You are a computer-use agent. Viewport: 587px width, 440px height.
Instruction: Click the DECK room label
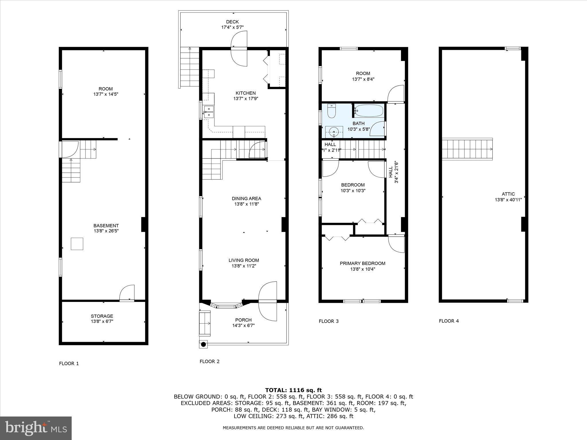(232, 22)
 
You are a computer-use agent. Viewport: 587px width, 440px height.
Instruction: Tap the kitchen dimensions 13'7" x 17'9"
(245, 99)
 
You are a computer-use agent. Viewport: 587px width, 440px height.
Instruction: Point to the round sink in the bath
(334, 133)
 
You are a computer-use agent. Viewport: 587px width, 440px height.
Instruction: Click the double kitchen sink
(208, 112)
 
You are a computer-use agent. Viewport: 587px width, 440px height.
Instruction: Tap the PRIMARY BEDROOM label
(362, 263)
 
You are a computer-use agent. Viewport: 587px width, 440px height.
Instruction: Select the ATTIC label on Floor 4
(508, 194)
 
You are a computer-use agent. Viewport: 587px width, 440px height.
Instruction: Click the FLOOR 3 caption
(328, 321)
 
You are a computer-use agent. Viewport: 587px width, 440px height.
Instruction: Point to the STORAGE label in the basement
(102, 316)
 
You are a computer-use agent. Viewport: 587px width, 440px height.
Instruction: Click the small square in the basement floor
(77, 244)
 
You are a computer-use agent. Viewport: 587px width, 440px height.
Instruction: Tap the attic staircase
(467, 149)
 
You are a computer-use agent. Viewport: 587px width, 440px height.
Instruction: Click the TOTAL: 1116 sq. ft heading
(293, 390)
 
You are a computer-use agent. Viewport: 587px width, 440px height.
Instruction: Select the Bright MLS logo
(36, 428)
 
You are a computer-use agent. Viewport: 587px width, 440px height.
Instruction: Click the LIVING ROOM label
(244, 260)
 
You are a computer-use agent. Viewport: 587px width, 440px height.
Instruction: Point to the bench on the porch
(205, 324)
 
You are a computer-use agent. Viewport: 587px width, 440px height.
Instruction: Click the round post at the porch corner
(204, 344)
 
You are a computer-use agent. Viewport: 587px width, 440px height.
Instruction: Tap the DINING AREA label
(246, 198)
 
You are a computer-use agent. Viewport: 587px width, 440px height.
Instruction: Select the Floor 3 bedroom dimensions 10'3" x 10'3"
(353, 190)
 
